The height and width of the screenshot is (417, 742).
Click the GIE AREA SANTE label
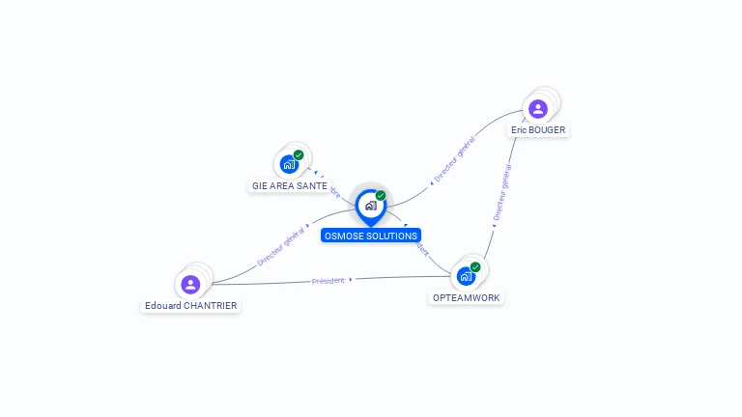click(290, 185)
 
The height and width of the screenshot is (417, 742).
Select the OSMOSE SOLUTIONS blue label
click(371, 236)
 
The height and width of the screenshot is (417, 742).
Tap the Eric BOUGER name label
click(538, 129)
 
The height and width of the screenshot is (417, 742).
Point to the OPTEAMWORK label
click(466, 297)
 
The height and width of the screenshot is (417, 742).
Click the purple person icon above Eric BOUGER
click(538, 108)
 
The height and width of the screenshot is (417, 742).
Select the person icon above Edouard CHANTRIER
click(190, 284)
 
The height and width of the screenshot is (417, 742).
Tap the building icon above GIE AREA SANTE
click(289, 164)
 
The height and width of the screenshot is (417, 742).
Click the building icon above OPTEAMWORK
click(467, 276)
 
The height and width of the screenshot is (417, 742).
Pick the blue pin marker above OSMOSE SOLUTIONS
click(370, 206)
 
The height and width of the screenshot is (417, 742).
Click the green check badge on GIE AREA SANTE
click(299, 154)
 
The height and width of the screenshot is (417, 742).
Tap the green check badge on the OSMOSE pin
click(381, 196)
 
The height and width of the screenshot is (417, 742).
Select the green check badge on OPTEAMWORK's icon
click(475, 267)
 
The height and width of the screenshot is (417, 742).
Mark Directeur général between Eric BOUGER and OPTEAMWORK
click(501, 194)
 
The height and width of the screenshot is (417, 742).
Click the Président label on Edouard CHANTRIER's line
click(328, 280)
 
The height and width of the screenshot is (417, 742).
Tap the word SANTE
click(312, 185)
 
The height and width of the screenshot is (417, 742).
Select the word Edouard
click(160, 305)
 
